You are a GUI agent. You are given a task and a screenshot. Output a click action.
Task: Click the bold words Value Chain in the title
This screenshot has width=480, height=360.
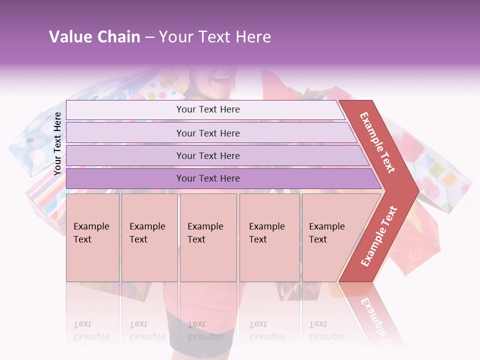point(94,37)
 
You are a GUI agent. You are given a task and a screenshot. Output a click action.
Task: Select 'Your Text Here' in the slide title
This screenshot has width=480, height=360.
point(215,37)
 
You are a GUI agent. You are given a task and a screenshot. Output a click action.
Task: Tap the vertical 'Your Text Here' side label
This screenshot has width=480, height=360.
point(57,143)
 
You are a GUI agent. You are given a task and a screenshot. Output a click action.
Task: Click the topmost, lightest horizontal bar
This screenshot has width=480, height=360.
point(207,109)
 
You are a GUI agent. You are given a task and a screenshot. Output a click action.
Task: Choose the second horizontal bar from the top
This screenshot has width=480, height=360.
point(207,133)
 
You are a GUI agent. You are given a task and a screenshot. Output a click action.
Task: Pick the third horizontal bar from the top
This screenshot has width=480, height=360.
point(207,155)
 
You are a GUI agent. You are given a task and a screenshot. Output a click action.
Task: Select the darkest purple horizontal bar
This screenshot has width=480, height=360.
point(207,178)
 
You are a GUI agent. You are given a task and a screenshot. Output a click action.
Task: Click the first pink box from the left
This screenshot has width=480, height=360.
point(92,237)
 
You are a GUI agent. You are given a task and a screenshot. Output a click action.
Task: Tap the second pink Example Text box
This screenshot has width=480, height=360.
point(149,237)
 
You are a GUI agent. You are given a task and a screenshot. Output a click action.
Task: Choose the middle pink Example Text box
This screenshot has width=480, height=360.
point(208,237)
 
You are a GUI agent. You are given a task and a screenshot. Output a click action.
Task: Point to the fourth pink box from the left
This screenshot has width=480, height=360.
point(269,237)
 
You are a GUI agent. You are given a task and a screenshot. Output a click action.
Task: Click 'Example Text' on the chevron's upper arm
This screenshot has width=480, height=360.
point(377,142)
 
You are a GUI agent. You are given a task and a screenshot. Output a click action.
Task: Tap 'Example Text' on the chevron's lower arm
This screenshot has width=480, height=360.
point(379,236)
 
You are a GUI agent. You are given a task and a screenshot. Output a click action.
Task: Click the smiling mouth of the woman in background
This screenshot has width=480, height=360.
point(220,78)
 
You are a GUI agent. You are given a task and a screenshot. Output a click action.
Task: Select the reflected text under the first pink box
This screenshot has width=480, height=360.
point(91,330)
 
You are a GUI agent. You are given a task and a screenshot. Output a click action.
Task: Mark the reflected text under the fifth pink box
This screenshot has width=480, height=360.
point(326,330)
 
